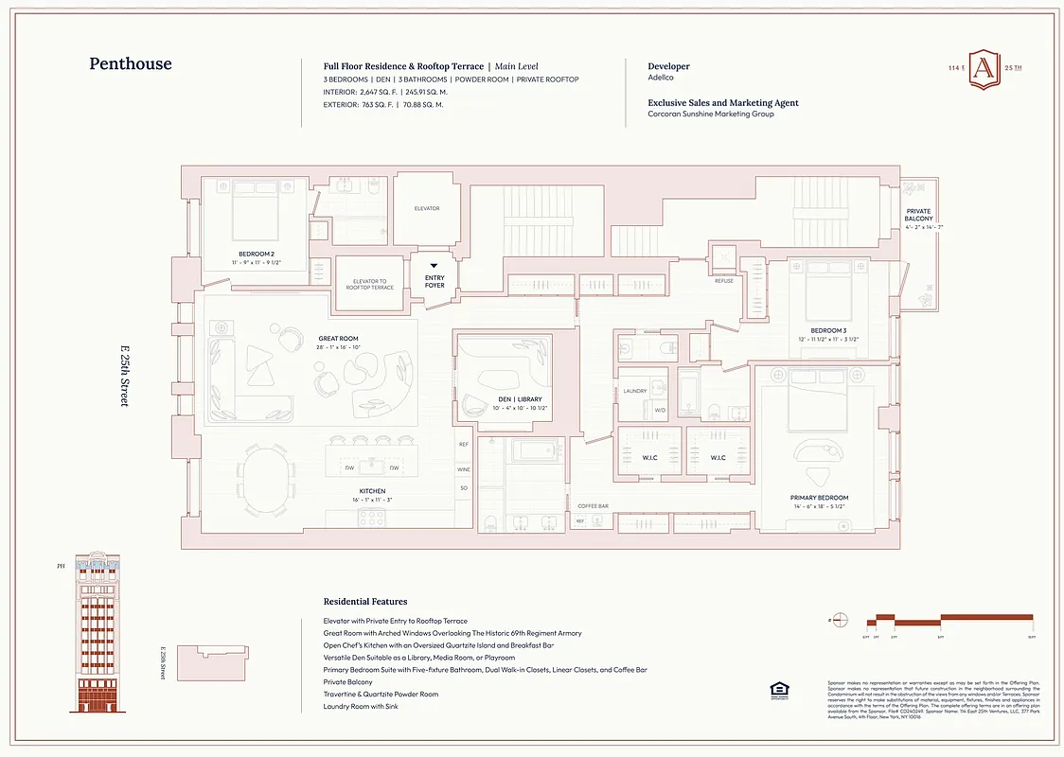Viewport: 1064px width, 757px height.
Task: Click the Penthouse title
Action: click(131, 64)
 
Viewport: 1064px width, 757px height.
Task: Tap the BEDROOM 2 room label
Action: click(256, 254)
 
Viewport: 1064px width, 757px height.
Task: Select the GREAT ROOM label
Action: click(338, 338)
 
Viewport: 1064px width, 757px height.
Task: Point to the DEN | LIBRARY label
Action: click(520, 399)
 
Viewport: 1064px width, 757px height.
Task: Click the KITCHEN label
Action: click(372, 491)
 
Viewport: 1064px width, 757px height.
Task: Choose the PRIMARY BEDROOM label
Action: click(819, 498)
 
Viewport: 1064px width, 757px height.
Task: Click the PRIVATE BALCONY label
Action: click(918, 215)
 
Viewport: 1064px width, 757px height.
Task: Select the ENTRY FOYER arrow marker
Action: click(434, 267)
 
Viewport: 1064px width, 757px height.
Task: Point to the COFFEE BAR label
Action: click(593, 506)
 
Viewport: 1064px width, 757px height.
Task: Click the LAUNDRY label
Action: click(634, 391)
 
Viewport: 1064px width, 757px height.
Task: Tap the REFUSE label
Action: click(723, 281)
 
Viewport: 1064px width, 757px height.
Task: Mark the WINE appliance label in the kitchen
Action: click(464, 469)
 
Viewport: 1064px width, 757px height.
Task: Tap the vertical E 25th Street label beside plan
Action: click(123, 377)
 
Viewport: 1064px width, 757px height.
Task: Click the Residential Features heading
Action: click(365, 602)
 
